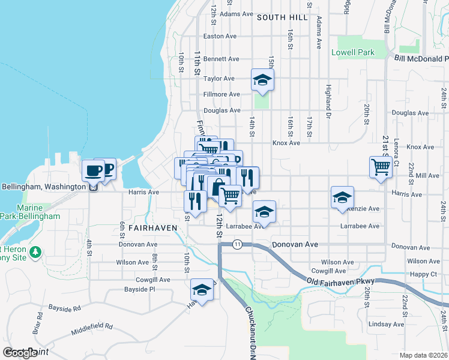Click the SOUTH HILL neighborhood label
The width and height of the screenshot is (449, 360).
click(277, 17)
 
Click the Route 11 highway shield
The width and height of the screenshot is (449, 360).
click(238, 244)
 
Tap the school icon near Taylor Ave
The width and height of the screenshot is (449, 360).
click(262, 79)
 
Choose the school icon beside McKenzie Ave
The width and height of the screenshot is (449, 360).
click(342, 196)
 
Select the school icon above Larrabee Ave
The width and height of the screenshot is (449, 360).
click(264, 211)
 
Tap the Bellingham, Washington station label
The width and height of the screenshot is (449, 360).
click(43, 187)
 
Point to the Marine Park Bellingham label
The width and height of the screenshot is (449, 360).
click(30, 211)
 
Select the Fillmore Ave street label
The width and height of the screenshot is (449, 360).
click(221, 94)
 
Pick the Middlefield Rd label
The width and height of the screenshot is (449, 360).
click(91, 326)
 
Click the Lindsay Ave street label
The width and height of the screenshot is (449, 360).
click(382, 324)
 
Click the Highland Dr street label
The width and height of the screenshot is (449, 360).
click(328, 96)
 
